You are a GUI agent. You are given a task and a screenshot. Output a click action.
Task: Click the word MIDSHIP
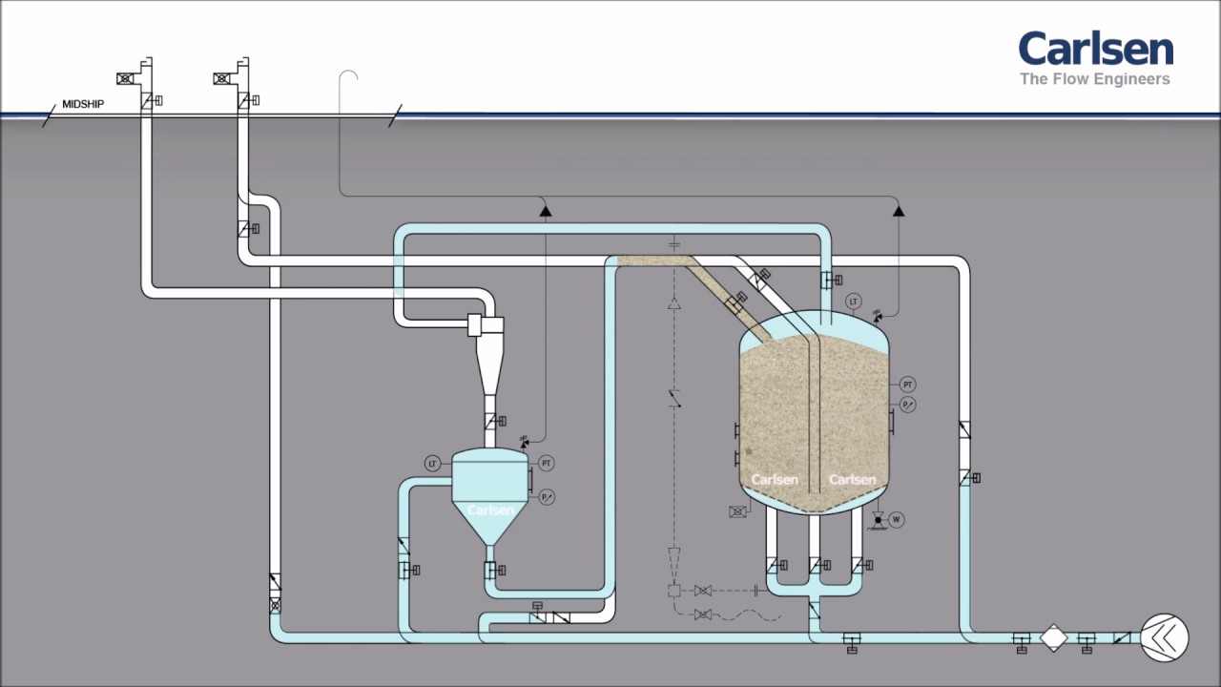pos(83,104)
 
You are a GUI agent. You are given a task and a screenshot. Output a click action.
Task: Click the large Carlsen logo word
pos(1095,50)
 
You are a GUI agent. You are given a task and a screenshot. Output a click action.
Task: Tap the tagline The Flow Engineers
pos(1095,79)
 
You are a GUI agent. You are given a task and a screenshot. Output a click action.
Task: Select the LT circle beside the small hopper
pos(433,464)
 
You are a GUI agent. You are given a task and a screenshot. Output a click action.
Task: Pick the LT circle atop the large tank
pos(854,302)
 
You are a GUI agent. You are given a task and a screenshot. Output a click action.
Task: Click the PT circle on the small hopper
pos(547,464)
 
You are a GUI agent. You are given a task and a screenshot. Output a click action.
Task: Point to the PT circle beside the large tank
pos(908,385)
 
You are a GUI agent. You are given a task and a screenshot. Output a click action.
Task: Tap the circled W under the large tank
pos(896,520)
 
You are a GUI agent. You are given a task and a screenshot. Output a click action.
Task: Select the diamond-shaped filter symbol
pos(1053,637)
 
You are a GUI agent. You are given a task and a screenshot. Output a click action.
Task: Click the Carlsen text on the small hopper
pos(489,510)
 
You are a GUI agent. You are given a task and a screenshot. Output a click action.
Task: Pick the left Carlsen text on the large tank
pos(774,479)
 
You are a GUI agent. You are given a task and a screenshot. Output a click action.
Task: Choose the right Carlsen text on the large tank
pos(852,479)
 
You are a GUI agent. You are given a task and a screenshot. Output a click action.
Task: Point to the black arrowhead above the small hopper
pos(546,210)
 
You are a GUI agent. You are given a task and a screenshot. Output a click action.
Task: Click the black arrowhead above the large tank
pos(898,210)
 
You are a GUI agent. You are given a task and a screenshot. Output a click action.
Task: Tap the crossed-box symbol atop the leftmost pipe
pos(125,79)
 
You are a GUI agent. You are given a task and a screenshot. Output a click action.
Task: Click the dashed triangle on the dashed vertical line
pos(674,304)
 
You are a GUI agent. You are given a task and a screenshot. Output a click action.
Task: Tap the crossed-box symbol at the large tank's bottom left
pos(737,512)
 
